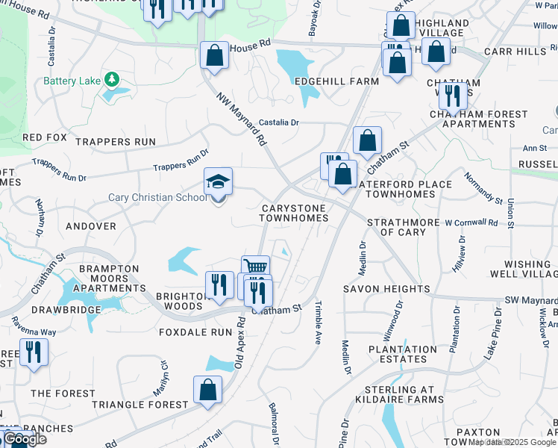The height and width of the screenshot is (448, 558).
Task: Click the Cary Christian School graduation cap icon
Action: (x=219, y=181)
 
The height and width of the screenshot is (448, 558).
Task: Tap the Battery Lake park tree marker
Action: (x=112, y=78)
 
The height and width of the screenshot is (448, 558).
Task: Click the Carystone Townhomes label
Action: (x=293, y=213)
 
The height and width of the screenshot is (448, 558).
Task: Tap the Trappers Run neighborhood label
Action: (x=116, y=142)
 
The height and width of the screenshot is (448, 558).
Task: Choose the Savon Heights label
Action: (x=386, y=289)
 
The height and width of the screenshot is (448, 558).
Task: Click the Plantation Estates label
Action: (x=401, y=354)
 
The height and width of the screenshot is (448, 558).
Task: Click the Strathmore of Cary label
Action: (x=402, y=227)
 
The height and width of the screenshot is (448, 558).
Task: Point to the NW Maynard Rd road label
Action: (x=242, y=119)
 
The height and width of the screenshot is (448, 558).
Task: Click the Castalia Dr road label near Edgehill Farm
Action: (x=278, y=122)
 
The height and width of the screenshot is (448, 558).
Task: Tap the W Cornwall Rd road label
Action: (x=471, y=223)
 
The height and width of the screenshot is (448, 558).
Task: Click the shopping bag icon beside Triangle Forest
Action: (x=207, y=389)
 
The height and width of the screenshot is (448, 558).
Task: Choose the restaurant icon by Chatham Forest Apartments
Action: (x=453, y=96)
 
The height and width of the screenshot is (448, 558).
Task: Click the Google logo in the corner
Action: (x=25, y=439)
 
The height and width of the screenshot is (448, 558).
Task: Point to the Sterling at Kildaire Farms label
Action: (x=399, y=396)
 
